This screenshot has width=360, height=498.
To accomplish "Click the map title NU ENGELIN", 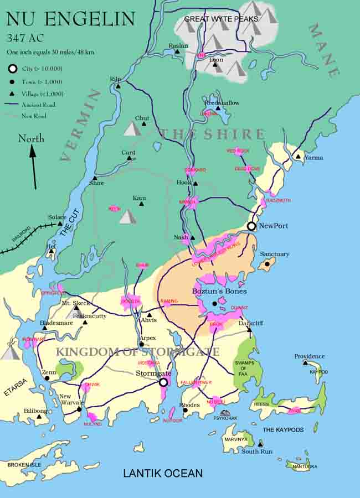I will point(70,19).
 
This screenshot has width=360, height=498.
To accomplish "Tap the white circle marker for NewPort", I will point(251,226).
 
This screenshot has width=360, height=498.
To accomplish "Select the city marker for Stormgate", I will point(163,382).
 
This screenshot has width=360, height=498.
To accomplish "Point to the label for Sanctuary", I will point(275,254).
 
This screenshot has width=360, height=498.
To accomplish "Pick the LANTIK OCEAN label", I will point(162,473).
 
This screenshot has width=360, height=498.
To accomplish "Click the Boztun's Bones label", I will point(219,291).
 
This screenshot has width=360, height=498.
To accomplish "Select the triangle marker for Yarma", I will point(299,157).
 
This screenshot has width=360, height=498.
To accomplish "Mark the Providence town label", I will point(309,356).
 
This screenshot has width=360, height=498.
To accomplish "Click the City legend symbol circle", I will point(12,69).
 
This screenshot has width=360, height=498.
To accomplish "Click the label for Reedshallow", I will point(222,103).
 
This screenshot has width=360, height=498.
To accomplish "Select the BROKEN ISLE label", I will point(25,465).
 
